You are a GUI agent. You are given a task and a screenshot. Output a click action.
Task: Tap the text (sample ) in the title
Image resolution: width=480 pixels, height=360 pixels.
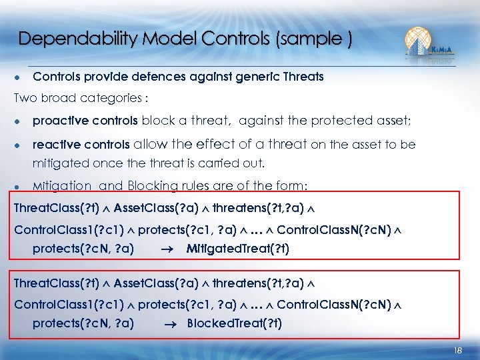(x=311, y=39)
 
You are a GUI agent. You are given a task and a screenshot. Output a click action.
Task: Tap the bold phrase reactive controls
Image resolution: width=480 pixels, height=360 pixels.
(x=81, y=145)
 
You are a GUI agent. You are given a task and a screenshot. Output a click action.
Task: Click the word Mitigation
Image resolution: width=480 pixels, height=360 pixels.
(x=62, y=186)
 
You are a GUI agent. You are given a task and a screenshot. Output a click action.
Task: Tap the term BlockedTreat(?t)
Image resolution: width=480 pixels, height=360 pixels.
(x=235, y=324)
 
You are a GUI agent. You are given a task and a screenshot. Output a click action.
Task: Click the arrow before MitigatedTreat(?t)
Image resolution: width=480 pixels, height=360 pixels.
(x=169, y=249)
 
